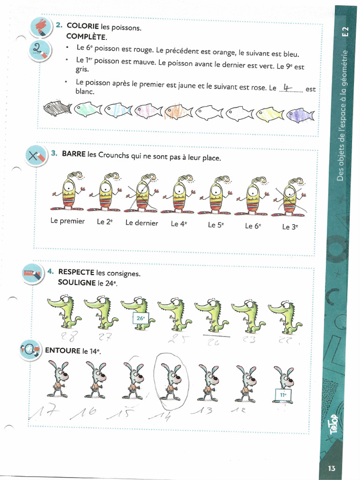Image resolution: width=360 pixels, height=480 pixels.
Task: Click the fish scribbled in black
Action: pos(57,108)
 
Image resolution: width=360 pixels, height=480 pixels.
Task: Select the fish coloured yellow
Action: pos(270,114)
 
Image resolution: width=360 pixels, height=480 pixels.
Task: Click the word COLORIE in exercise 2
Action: pos(82,26)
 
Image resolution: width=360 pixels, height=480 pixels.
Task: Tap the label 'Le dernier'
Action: pos(142,223)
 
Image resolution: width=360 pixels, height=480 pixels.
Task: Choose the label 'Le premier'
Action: pos(67,221)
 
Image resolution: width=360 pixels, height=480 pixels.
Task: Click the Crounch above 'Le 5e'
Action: pos(216,195)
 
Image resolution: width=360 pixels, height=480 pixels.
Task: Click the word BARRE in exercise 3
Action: pos(74,154)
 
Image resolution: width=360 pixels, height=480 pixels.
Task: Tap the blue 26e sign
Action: pos(140,319)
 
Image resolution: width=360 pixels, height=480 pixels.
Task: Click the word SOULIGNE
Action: pos(77,283)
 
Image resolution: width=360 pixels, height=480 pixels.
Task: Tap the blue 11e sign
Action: pos(283,395)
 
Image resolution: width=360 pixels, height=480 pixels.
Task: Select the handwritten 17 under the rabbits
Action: pos(44,414)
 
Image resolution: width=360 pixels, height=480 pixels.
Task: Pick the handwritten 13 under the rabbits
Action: pos(204,411)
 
